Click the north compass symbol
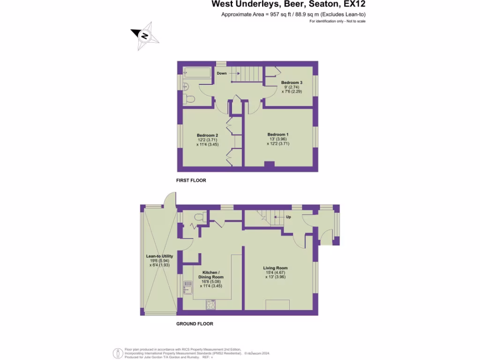coord(145,36)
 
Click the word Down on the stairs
coord(222,74)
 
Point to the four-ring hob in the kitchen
coord(211,305)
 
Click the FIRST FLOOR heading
coord(191,180)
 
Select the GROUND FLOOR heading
coord(195,324)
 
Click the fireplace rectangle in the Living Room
coord(277,305)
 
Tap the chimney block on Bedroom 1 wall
coord(269,164)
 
